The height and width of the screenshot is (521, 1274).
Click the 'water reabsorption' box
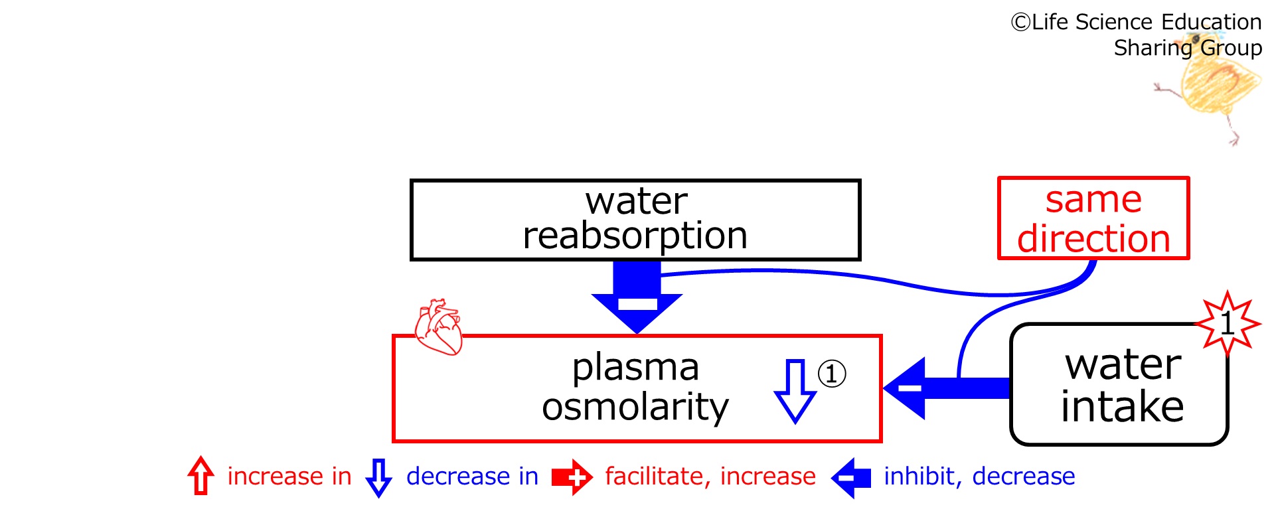tap(635, 219)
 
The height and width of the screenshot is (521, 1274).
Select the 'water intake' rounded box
tap(1119, 385)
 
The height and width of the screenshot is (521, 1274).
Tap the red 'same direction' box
tap(1093, 218)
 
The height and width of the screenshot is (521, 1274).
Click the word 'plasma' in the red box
tap(635, 367)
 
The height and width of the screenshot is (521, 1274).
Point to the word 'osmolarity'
tap(635, 407)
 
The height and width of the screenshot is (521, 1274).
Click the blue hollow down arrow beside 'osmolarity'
tap(795, 391)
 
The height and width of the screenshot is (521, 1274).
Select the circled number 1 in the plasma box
tap(831, 374)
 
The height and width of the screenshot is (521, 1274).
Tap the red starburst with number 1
tap(1228, 323)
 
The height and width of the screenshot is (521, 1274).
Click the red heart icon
tap(438, 327)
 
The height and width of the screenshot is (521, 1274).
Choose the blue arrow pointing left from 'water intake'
tap(943, 388)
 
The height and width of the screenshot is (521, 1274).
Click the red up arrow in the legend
tap(200, 476)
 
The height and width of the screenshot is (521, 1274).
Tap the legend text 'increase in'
tap(289, 477)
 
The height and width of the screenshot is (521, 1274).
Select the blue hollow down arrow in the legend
tap(378, 477)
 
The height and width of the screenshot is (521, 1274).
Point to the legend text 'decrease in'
tap(472, 477)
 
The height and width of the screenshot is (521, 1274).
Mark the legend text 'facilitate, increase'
tap(710, 477)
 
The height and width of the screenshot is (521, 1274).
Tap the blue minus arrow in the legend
tap(851, 477)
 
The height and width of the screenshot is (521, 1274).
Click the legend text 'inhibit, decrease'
tap(979, 477)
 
